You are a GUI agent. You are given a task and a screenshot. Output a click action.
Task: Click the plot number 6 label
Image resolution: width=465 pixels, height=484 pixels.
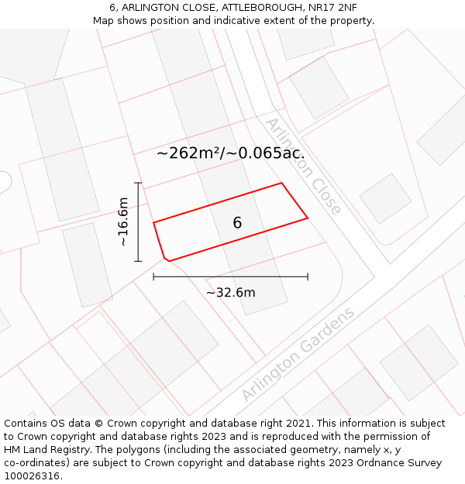point(237,223)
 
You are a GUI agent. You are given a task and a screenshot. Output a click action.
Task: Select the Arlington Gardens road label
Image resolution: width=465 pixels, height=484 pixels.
point(298,354)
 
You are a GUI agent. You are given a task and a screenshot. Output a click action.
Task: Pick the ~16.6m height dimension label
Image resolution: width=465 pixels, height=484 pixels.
point(123,222)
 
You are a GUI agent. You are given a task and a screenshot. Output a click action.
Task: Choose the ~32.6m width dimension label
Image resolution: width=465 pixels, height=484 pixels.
point(230,293)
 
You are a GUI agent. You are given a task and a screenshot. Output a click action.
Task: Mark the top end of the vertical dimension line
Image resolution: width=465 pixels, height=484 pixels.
point(138,183)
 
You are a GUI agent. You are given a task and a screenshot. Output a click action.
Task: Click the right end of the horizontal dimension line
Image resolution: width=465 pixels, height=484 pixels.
point(308,276)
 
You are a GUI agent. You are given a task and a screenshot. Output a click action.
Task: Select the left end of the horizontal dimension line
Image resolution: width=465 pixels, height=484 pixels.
point(153,276)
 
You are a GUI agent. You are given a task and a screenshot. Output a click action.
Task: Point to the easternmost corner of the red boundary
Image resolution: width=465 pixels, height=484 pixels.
point(308,218)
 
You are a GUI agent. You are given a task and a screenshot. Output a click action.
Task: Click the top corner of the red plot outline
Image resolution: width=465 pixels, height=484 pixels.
point(281,184)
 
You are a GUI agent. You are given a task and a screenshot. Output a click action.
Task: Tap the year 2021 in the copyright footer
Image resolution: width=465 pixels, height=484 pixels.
point(298,424)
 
